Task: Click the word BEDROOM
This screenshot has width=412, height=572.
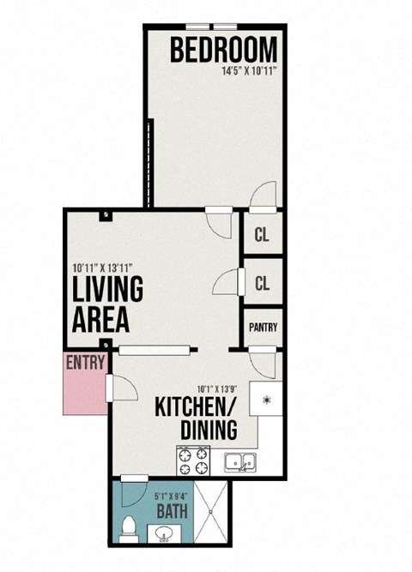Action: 223,51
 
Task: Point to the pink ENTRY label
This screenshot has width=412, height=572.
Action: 85,362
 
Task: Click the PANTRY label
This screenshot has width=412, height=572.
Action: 263,328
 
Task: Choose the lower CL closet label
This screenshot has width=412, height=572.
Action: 262,283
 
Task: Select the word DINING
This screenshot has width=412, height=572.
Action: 208,429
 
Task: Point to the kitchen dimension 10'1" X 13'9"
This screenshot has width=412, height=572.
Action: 216,387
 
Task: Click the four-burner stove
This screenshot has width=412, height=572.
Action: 194,462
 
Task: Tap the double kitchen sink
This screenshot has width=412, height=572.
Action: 239,463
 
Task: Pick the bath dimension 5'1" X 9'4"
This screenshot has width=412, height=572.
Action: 173,494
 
